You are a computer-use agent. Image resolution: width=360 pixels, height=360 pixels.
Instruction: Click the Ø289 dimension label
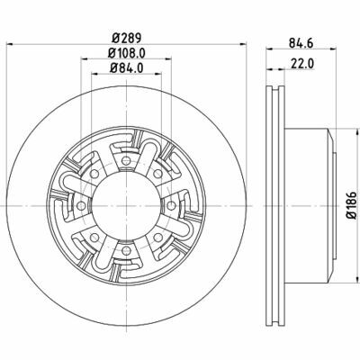click(x=126, y=38)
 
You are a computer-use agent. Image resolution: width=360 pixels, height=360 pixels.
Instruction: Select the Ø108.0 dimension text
click(x=126, y=53)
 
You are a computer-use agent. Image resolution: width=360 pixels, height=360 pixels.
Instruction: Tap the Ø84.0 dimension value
click(x=126, y=68)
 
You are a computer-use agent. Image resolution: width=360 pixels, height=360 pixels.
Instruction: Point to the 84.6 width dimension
click(x=301, y=43)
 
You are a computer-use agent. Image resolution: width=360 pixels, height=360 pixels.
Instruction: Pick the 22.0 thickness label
click(x=302, y=64)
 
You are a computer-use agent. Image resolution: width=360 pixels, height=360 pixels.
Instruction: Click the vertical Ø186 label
click(x=352, y=205)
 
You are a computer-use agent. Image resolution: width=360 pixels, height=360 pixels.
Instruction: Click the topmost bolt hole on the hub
click(x=126, y=161)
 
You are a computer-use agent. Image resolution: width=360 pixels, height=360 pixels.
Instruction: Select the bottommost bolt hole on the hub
click(x=127, y=249)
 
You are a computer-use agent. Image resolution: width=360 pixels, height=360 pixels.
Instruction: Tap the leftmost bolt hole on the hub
click(x=81, y=206)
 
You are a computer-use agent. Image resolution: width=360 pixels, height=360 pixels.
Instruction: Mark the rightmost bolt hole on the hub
click(x=171, y=206)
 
